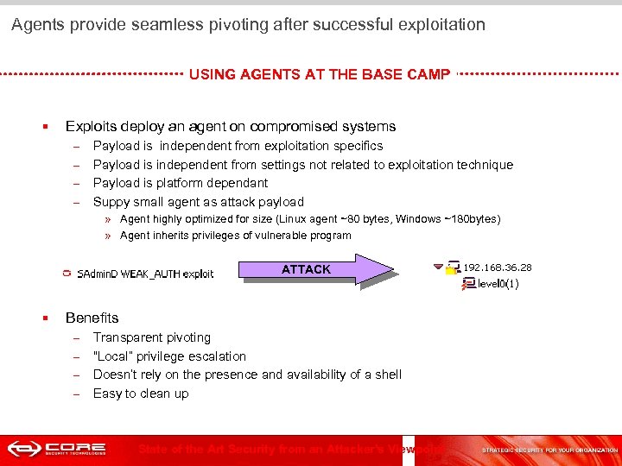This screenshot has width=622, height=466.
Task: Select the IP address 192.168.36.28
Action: (x=498, y=268)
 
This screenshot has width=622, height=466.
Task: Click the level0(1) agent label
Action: (x=498, y=283)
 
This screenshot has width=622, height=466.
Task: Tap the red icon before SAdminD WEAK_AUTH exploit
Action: (x=67, y=274)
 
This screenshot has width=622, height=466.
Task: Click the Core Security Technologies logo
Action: (x=57, y=450)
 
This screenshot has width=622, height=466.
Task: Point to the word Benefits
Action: (x=92, y=318)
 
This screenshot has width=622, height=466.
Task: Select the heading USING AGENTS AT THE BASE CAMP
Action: (x=319, y=74)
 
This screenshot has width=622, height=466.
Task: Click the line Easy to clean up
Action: (x=140, y=394)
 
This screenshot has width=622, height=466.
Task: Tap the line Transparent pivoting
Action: (x=151, y=337)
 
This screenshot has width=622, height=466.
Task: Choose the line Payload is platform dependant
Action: (x=180, y=183)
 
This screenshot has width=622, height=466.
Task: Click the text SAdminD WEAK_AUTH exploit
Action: (x=145, y=274)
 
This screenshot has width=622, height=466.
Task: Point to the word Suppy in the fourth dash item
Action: (x=111, y=202)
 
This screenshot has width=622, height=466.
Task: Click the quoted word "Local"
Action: (x=112, y=356)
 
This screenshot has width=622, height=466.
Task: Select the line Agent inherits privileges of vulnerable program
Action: (x=235, y=236)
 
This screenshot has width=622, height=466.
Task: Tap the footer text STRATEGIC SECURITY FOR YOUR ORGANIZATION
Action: (x=549, y=450)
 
